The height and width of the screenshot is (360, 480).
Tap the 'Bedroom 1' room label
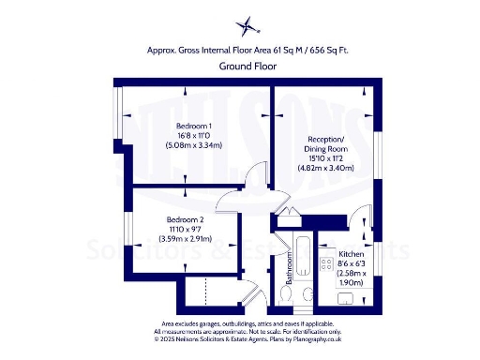click(195, 126)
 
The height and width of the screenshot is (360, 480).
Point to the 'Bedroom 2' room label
click(172, 219)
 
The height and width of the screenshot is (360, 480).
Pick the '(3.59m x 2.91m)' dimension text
click(172, 238)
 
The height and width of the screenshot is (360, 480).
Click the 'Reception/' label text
click(324, 141)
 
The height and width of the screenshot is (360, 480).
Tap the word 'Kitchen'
click(351, 254)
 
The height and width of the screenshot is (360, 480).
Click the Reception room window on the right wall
click(379, 154)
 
